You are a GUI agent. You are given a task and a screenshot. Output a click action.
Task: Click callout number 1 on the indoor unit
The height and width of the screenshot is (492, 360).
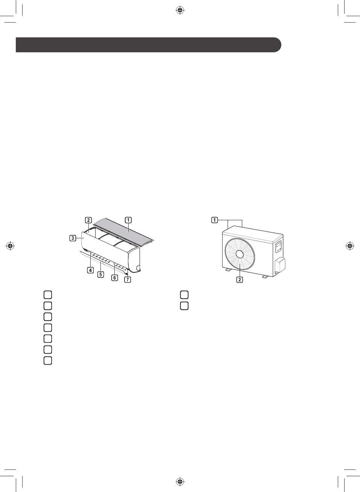click(128, 220)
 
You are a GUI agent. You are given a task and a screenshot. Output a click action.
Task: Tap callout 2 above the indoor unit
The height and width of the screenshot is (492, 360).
click(88, 220)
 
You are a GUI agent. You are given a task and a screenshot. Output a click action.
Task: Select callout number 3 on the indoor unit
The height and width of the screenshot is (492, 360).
click(73, 238)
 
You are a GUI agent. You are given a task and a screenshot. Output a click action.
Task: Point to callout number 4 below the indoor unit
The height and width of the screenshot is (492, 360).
click(90, 270)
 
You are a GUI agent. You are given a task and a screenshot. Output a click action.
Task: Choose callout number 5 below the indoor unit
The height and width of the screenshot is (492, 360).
click(101, 274)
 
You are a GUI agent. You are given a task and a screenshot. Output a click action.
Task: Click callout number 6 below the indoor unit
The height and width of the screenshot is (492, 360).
click(114, 278)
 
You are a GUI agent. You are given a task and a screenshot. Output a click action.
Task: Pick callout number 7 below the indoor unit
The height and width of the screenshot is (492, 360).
click(128, 280)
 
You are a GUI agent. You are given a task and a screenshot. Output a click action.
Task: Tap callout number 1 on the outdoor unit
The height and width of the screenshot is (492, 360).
click(214, 220)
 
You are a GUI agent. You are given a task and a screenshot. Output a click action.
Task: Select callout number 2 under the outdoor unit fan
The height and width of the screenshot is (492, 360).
click(240, 280)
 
